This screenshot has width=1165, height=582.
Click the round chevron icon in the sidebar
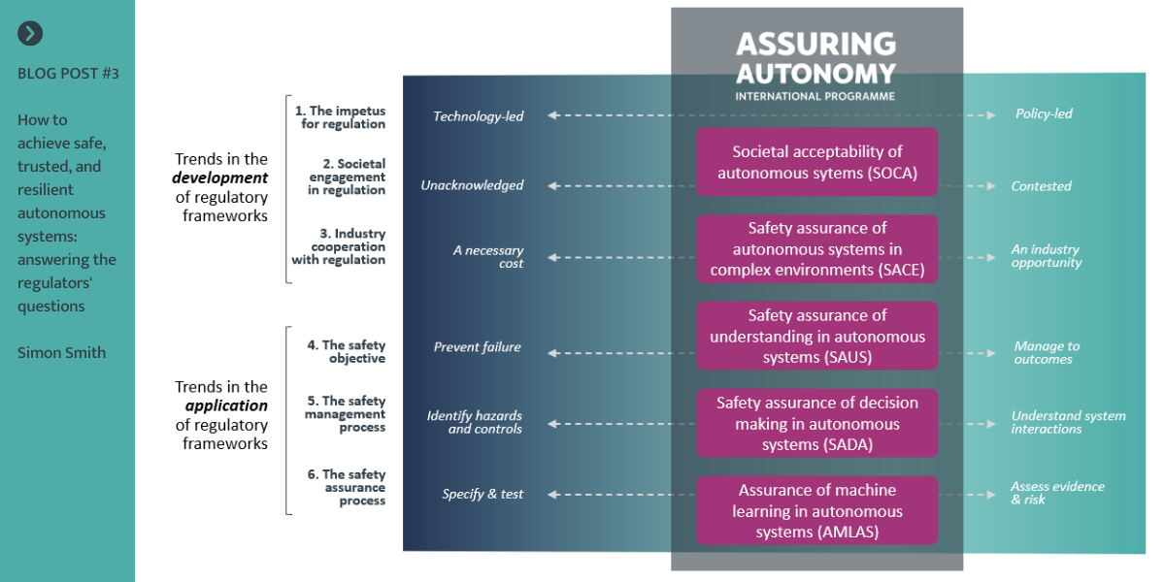pos(30,34)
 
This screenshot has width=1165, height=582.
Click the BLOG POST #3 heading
pos(68,74)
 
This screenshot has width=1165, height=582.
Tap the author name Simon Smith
pos(61,353)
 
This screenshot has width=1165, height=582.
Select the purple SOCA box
pos(817,162)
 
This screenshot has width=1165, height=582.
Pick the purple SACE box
pos(817,249)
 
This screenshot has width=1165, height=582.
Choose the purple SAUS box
pos(817,336)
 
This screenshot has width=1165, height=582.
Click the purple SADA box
pos(817,423)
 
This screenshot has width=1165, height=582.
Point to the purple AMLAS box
pos(817,510)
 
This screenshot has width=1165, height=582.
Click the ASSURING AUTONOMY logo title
pos(815,58)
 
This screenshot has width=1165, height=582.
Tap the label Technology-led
pos(478,117)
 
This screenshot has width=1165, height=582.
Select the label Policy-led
pos(1044,113)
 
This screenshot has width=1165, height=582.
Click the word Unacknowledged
pos(472,185)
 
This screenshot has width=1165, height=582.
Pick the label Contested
pos(1041,186)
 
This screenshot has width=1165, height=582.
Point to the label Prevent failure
pos(477,347)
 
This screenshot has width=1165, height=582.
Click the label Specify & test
pos(483,495)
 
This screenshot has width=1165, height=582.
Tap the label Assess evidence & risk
pos(1056,493)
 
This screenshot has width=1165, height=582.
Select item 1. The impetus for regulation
pos(341,117)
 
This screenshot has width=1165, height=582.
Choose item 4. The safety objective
pos(347,352)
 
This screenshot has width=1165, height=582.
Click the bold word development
pos(219,178)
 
